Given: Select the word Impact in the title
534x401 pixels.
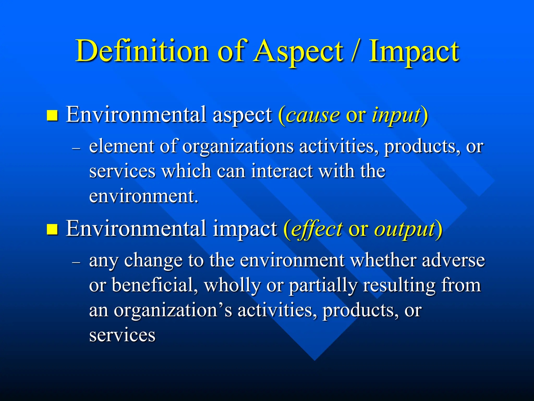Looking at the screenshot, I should click(x=414, y=51).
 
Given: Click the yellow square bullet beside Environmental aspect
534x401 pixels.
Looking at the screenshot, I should click(x=52, y=115).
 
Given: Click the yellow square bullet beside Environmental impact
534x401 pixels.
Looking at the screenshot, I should click(x=52, y=229).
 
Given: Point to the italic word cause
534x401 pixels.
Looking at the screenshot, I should click(x=313, y=115).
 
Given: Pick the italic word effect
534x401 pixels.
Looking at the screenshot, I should click(x=317, y=229).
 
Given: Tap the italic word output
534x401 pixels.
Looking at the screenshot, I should click(x=405, y=229).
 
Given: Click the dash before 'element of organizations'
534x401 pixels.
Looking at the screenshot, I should click(x=76, y=148).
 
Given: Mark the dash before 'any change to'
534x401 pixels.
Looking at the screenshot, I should click(x=76, y=262).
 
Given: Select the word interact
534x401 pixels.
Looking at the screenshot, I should click(x=282, y=171).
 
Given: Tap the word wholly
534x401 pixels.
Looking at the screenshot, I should click(x=232, y=285).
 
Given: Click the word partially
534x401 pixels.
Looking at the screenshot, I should click(x=323, y=285).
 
